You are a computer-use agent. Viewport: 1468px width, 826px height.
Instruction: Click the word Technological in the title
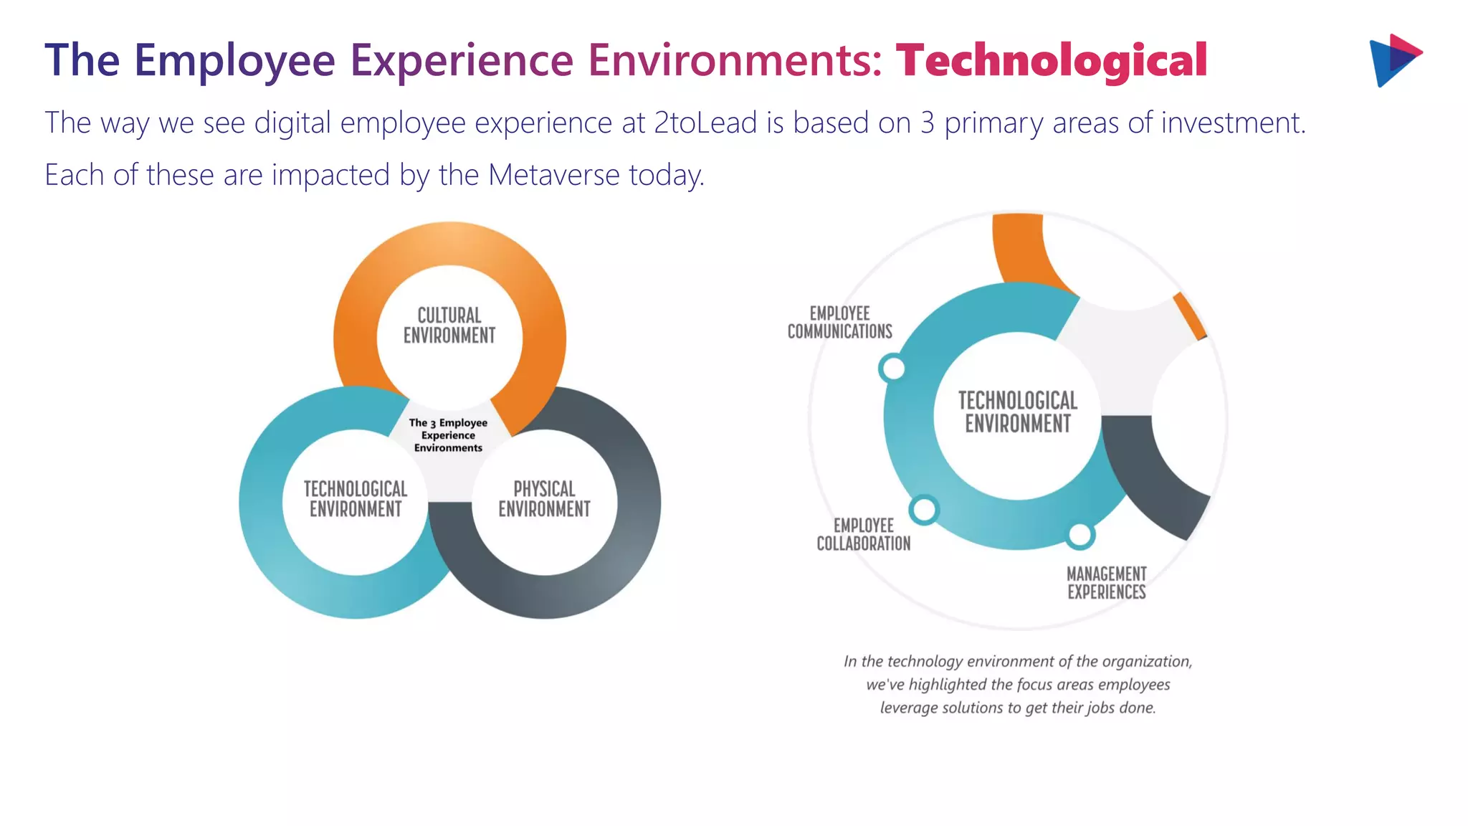1051,60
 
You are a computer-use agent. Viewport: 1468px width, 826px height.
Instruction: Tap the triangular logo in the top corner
1394,60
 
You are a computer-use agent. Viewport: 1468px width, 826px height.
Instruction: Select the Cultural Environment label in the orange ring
449,326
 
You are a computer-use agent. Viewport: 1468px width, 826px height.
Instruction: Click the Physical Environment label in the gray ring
544,499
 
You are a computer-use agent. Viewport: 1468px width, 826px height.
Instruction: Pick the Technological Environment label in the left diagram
356,499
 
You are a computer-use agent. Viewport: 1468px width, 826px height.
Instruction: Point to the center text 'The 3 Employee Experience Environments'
448,435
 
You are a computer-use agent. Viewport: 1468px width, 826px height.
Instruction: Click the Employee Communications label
839,323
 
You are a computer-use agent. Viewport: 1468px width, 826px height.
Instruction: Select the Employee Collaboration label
864,535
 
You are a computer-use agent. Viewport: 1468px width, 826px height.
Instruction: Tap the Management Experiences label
1106,583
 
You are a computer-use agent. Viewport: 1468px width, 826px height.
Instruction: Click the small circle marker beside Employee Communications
892,369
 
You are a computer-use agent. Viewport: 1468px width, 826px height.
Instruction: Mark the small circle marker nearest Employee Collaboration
924,510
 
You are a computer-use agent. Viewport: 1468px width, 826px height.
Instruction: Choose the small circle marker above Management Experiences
1079,535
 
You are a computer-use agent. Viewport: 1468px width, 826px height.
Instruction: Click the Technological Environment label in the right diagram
1018,412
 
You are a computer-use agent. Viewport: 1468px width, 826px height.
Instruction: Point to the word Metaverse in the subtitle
553,175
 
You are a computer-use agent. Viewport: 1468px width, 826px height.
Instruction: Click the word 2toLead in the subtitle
705,123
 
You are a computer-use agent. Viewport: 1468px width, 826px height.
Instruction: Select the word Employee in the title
234,60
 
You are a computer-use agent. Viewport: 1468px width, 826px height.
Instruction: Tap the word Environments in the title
735,60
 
